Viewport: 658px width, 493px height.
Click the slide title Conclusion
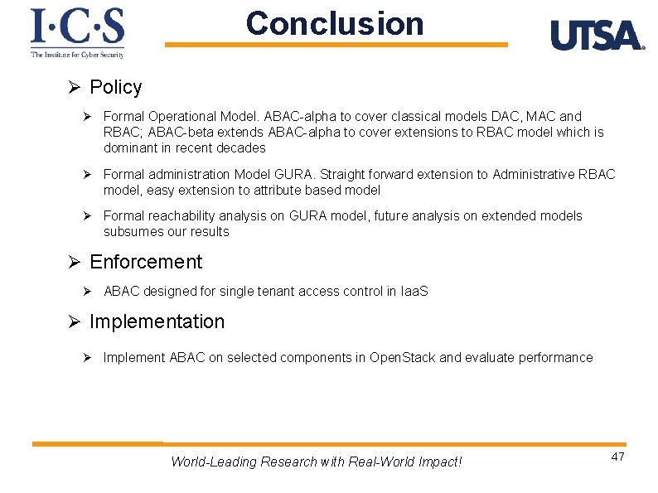pyautogui.click(x=334, y=23)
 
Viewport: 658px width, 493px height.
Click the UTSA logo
pyautogui.click(x=597, y=36)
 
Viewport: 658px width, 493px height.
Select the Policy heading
pyautogui.click(x=115, y=87)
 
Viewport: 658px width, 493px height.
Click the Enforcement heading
pyautogui.click(x=145, y=262)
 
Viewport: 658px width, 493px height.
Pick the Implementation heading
pyautogui.click(x=157, y=321)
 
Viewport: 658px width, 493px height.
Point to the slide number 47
pyautogui.click(x=617, y=457)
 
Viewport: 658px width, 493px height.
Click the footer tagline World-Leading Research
pyautogui.click(x=316, y=462)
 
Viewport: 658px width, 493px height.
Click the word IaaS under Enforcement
pyautogui.click(x=414, y=292)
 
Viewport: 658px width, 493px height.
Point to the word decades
pyautogui.click(x=242, y=147)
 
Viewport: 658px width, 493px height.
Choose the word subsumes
pyautogui.click(x=130, y=232)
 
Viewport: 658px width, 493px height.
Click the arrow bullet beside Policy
pyautogui.click(x=73, y=88)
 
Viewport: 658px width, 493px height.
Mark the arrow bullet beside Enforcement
pyautogui.click(x=73, y=263)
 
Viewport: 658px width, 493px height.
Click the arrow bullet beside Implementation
pyautogui.click(x=73, y=322)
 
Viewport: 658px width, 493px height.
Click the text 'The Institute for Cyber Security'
pyautogui.click(x=77, y=55)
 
